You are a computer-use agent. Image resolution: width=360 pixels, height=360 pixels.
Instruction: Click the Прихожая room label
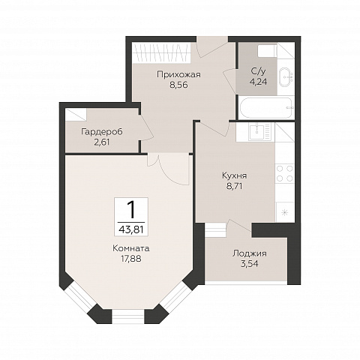pos(178,75)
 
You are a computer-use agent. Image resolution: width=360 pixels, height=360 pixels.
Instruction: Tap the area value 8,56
pos(178,85)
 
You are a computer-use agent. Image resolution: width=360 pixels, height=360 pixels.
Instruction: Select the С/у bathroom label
pos(258,72)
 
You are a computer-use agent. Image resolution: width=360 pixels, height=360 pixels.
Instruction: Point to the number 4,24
pos(258,82)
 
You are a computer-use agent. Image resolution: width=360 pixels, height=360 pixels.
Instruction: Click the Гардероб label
pos(102,132)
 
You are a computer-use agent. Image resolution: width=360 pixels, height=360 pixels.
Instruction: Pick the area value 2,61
pos(102,142)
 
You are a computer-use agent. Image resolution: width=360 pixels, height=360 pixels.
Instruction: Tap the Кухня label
pos(235,175)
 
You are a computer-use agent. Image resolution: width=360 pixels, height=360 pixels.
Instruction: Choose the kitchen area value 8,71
pos(235,186)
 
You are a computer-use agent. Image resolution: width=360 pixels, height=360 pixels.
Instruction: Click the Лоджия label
pos(250,253)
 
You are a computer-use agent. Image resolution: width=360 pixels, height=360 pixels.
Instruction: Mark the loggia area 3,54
pos(250,264)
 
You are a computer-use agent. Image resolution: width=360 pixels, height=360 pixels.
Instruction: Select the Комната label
pos(131,248)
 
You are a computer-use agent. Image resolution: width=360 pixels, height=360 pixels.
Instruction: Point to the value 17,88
pos(131,259)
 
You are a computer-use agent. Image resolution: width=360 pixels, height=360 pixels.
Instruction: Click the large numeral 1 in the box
pos(131,210)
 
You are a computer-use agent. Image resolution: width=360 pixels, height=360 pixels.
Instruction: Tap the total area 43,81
pos(131,229)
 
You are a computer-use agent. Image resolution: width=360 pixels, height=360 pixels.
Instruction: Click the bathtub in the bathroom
pos(266,108)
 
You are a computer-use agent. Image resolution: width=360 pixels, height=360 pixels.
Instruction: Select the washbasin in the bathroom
pos(286,76)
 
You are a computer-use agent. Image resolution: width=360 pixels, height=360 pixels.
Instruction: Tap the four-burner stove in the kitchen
pos(285,173)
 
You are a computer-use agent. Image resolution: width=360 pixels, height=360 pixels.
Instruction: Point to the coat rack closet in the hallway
pos(162,52)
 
